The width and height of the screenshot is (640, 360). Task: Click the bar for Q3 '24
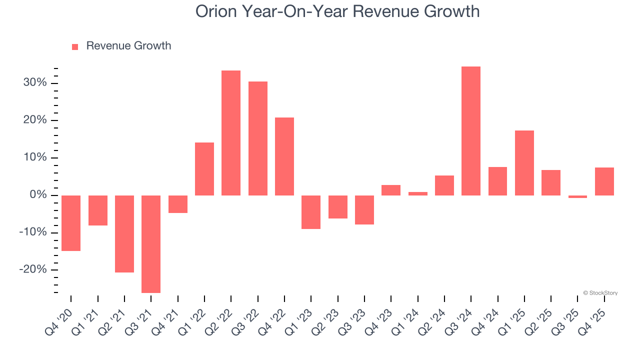pyautogui.click(x=471, y=131)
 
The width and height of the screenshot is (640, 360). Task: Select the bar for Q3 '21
pyautogui.click(x=151, y=244)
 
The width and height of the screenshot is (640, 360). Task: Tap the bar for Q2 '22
pyautogui.click(x=231, y=133)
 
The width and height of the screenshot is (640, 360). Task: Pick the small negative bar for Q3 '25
pyautogui.click(x=577, y=196)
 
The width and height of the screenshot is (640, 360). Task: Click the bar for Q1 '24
pyautogui.click(x=417, y=193)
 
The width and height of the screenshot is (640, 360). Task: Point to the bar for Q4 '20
pyautogui.click(x=71, y=223)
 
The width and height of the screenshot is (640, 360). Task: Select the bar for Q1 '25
pyautogui.click(x=524, y=163)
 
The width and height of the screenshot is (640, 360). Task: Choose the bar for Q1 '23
pyautogui.click(x=311, y=212)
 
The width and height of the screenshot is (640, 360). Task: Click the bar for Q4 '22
pyautogui.click(x=284, y=156)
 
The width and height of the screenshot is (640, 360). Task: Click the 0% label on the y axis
pyautogui.click(x=37, y=195)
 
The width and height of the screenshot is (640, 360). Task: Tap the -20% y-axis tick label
pyautogui.click(x=33, y=270)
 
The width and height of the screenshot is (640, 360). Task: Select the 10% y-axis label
pyautogui.click(x=35, y=157)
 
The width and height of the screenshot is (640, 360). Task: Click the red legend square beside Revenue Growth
pyautogui.click(x=75, y=46)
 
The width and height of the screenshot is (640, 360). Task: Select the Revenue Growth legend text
pyautogui.click(x=128, y=46)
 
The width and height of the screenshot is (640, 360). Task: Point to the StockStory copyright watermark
pyautogui.click(x=600, y=293)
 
